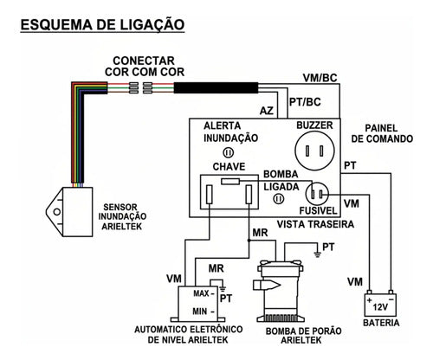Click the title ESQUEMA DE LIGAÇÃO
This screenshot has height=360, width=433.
102,24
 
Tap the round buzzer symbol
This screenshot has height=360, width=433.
314,151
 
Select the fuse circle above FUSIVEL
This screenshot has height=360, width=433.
317,193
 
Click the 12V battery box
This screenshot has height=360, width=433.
380,305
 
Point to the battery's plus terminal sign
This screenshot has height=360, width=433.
370,300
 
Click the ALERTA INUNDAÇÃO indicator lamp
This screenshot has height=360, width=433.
229,152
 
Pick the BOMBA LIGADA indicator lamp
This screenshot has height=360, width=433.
279,198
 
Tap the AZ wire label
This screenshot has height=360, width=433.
266,111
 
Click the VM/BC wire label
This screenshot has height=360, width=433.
320,78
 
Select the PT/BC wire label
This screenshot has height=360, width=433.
305,102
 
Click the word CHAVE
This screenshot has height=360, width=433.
229,166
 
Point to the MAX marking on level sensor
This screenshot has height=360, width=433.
201,293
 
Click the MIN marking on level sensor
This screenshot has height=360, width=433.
200,312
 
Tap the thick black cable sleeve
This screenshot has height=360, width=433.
216,87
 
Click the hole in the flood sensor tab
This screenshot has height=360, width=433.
57,212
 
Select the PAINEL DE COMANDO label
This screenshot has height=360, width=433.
382,133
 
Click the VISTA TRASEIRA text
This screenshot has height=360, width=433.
315,224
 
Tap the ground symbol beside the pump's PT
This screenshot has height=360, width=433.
317,254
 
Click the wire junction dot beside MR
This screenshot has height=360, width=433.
249,240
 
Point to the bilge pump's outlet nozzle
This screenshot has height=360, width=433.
266,285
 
